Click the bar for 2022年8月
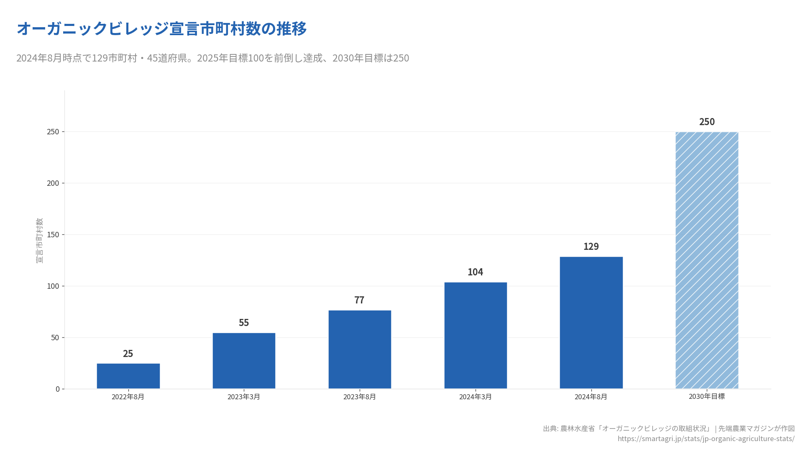[x=128, y=376]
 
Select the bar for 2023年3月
[x=244, y=361]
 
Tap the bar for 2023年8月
[x=360, y=349]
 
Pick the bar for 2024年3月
[x=476, y=335]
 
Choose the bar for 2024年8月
[x=591, y=323]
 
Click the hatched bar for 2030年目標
[x=707, y=260]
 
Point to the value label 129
[x=591, y=247]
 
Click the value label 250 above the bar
[x=707, y=122]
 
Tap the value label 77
[x=359, y=300]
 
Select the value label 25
[x=128, y=354]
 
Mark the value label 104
[x=475, y=272]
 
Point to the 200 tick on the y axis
[x=53, y=183]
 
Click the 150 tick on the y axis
[x=53, y=235]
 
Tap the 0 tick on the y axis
[x=58, y=389]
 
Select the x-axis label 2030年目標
[x=706, y=396]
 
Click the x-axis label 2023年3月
[x=244, y=397]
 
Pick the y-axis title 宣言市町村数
[x=39, y=240]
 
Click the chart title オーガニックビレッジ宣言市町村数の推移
[x=162, y=29]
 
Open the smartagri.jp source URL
[x=706, y=439]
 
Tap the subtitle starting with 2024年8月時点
[x=212, y=58]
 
